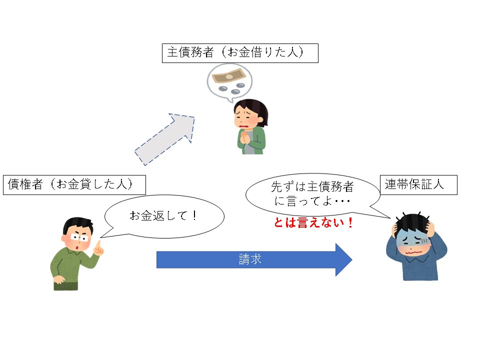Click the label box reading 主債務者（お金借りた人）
coord(240,53)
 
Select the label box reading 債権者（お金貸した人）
coord(74,184)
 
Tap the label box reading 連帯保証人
coord(418,184)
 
